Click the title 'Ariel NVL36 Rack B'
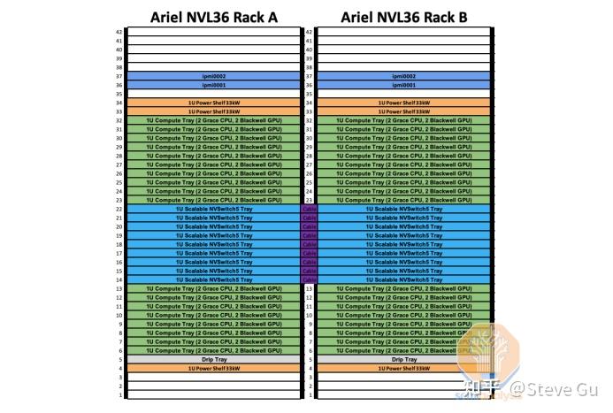click(404, 16)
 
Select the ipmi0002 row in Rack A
click(214, 76)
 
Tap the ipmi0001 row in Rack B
click(404, 85)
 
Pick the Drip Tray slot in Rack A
click(214, 359)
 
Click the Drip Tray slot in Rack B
click(404, 359)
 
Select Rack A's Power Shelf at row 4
click(214, 368)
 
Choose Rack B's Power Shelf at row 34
click(404, 103)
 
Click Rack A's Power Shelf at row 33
click(214, 111)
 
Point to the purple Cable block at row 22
click(309, 209)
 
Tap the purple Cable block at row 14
click(309, 279)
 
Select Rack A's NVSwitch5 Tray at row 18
click(214, 244)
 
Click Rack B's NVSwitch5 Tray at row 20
click(404, 226)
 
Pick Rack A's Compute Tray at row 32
click(214, 120)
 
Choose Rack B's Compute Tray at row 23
click(404, 200)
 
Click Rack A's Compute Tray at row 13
click(214, 288)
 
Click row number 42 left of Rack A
click(119, 32)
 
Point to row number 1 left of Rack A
click(119, 394)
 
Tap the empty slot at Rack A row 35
click(214, 94)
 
